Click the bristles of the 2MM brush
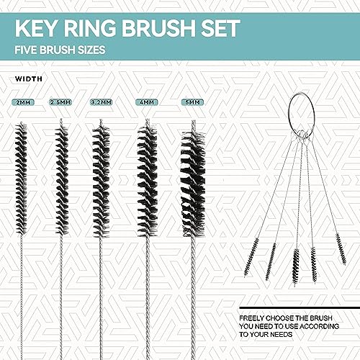tap(22, 180)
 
